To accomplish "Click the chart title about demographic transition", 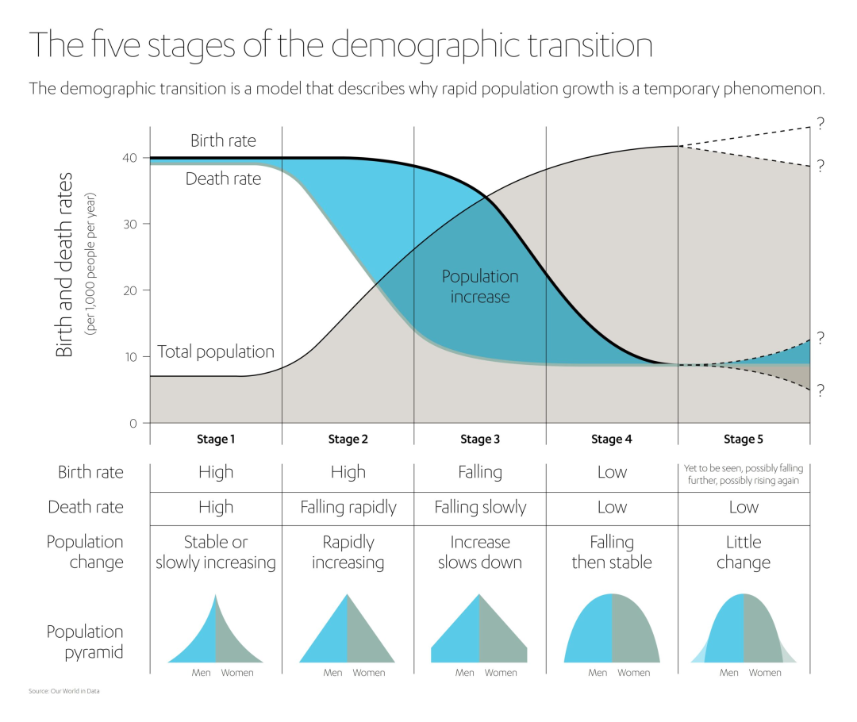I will coord(340,45).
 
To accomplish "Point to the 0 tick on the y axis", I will coord(132,423).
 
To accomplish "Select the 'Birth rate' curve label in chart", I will coord(223,141).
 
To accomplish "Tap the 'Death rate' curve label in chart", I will coord(223,179).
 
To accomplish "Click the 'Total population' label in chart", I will coord(216,351).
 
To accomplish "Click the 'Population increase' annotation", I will coord(480,286).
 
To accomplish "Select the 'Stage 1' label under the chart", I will coord(216,439).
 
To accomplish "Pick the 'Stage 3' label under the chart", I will coord(480,439).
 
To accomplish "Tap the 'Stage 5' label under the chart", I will coord(744,439).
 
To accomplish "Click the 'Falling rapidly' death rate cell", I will coord(348,507).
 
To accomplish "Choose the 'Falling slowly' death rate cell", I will coord(480,507).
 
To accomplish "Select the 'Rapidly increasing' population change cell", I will coord(348,552).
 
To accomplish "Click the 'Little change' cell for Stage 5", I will coord(744,552).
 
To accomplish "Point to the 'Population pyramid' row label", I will coord(85,642).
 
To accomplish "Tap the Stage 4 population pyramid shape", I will coord(612,631).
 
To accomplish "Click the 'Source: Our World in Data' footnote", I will coord(64,691).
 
